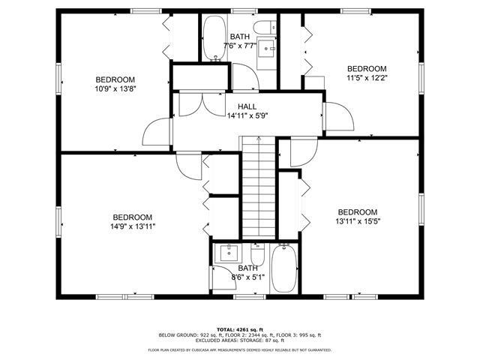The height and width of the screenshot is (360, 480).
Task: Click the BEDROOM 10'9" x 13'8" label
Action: click(115, 84)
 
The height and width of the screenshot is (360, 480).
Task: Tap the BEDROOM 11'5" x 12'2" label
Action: click(366, 72)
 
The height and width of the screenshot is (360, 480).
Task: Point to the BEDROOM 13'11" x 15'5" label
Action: click(357, 216)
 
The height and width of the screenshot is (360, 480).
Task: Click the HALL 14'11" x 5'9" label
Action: click(247, 112)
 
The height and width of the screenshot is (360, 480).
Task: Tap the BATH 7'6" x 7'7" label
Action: click(240, 41)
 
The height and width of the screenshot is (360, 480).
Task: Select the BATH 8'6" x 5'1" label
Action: click(247, 272)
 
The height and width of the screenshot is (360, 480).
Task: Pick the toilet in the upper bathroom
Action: click(263, 28)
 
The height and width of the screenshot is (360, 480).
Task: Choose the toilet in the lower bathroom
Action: click(257, 248)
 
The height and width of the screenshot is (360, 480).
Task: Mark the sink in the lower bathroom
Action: click(226, 253)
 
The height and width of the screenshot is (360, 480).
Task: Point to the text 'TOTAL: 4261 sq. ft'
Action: click(239, 329)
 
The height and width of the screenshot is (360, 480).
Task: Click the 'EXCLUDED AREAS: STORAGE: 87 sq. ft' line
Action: click(240, 341)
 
